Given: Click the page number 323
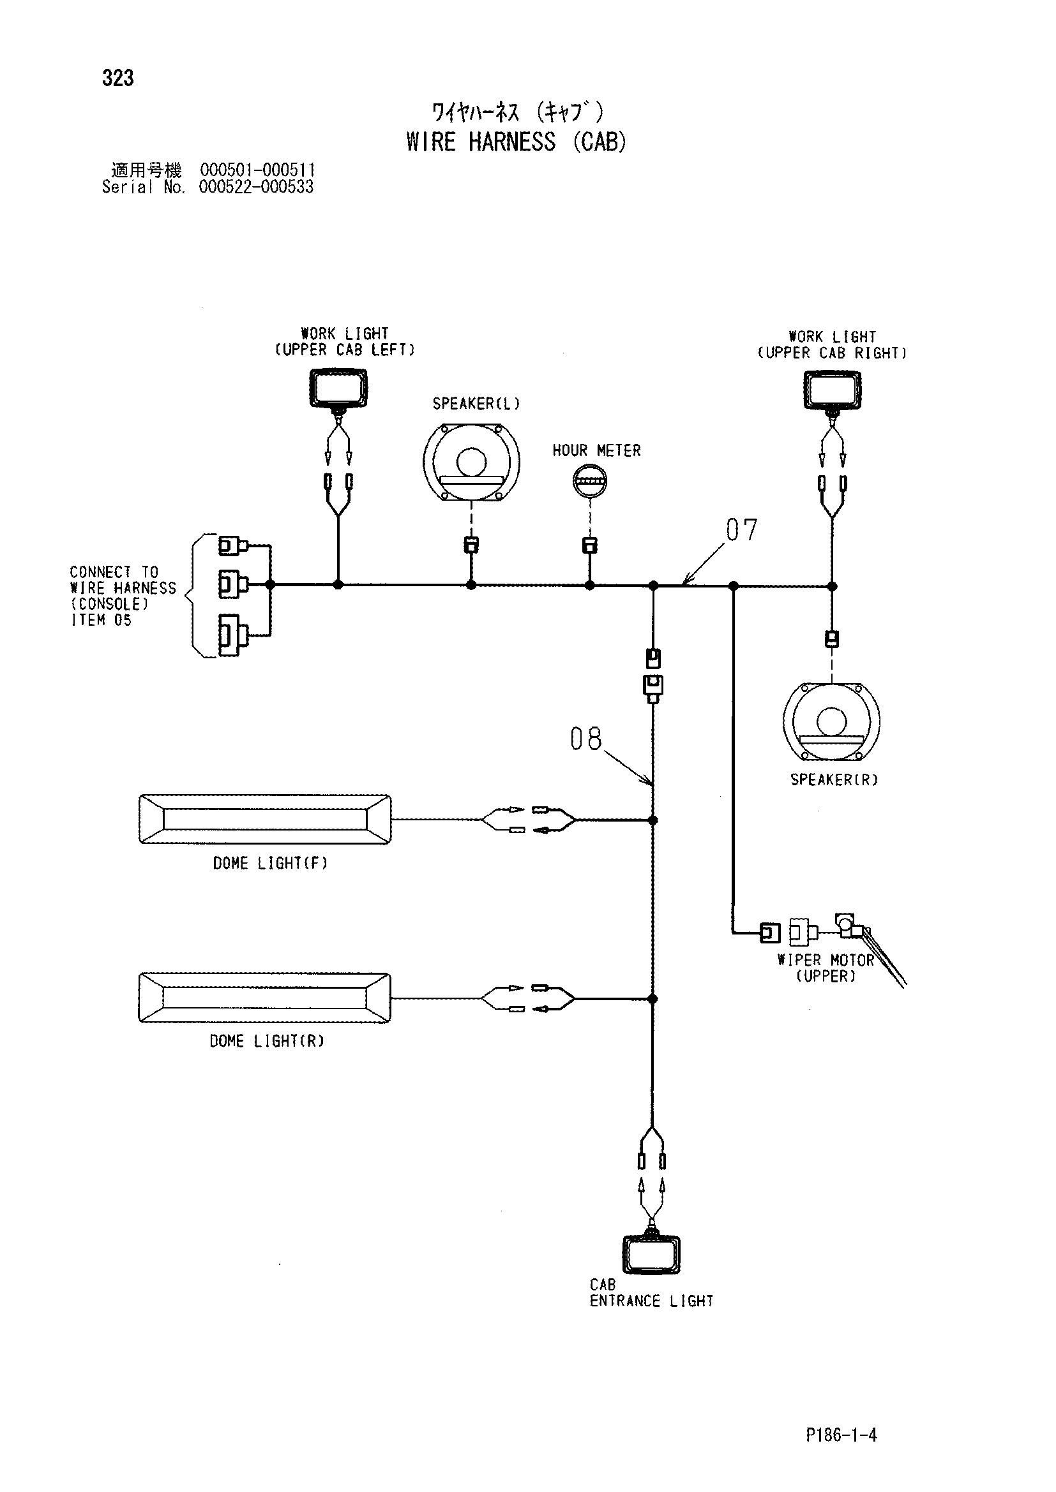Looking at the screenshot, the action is coord(117,78).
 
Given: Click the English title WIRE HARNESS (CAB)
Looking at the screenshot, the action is coord(517,142).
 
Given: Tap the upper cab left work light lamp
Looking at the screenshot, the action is coord(338,388).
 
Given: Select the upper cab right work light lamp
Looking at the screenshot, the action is coord(833,390).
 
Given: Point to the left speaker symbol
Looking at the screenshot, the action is coord(471,462).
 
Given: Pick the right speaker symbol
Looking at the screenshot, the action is coord(832,721).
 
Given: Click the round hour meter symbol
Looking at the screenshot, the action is coord(590,482).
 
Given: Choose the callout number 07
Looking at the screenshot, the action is coord(742,530).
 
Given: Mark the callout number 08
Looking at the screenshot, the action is coord(586,739).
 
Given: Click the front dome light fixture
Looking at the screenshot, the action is coord(266,820).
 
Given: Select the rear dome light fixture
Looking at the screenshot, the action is coord(265,998).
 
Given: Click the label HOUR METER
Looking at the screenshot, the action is coord(597,451).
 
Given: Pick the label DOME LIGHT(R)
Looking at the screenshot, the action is coord(267,1041).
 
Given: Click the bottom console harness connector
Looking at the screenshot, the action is coord(233,635).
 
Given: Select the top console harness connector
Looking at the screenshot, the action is coord(233,545).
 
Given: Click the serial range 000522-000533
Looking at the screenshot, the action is coord(256,187).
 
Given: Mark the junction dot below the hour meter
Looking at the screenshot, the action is coord(590,586).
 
